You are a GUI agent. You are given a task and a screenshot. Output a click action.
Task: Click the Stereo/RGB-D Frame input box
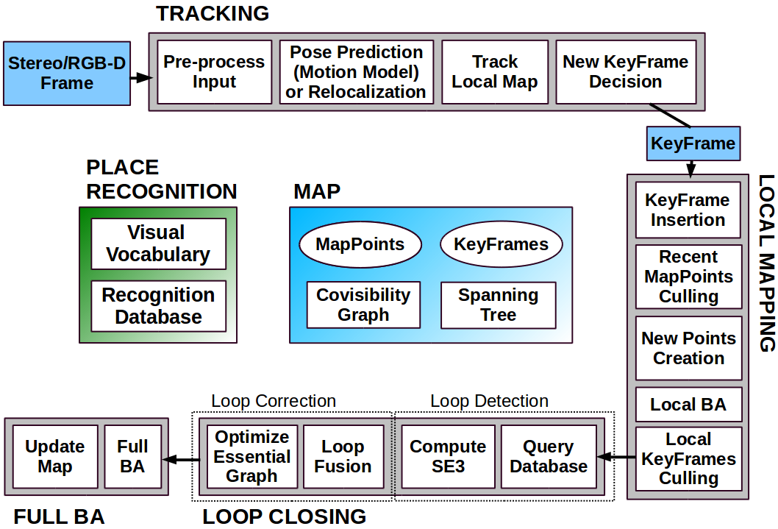point(67,74)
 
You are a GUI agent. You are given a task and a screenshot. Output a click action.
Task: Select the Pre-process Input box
point(214,72)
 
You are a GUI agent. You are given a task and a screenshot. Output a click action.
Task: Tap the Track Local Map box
point(495,72)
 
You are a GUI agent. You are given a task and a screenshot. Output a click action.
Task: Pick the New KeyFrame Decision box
point(626,72)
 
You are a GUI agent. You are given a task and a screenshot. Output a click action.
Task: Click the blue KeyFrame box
point(693,143)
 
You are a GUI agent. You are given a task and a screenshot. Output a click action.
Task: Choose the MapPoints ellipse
point(360,244)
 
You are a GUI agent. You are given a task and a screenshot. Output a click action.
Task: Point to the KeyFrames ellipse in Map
point(501,244)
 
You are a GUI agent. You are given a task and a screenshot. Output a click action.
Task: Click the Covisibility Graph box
point(363,305)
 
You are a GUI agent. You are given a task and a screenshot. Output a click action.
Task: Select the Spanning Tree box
point(498,305)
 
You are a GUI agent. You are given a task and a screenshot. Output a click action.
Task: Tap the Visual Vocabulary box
point(158,244)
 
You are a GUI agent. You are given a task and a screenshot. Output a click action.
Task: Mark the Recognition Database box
point(158,305)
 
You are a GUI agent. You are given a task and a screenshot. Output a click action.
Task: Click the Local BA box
point(688,405)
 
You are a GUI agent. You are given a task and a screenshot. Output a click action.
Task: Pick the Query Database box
point(549,457)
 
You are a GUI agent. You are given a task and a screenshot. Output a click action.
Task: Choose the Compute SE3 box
point(448,457)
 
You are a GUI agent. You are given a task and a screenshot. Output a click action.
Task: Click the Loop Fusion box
point(343,457)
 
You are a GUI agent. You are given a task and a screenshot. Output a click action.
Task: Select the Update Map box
point(54,457)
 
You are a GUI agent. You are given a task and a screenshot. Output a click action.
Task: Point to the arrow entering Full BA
point(181,460)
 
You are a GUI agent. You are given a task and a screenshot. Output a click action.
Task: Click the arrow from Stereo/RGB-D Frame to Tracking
point(141,77)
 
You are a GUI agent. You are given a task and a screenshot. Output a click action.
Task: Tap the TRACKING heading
point(213,13)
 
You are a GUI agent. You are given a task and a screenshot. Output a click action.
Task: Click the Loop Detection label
point(489,401)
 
